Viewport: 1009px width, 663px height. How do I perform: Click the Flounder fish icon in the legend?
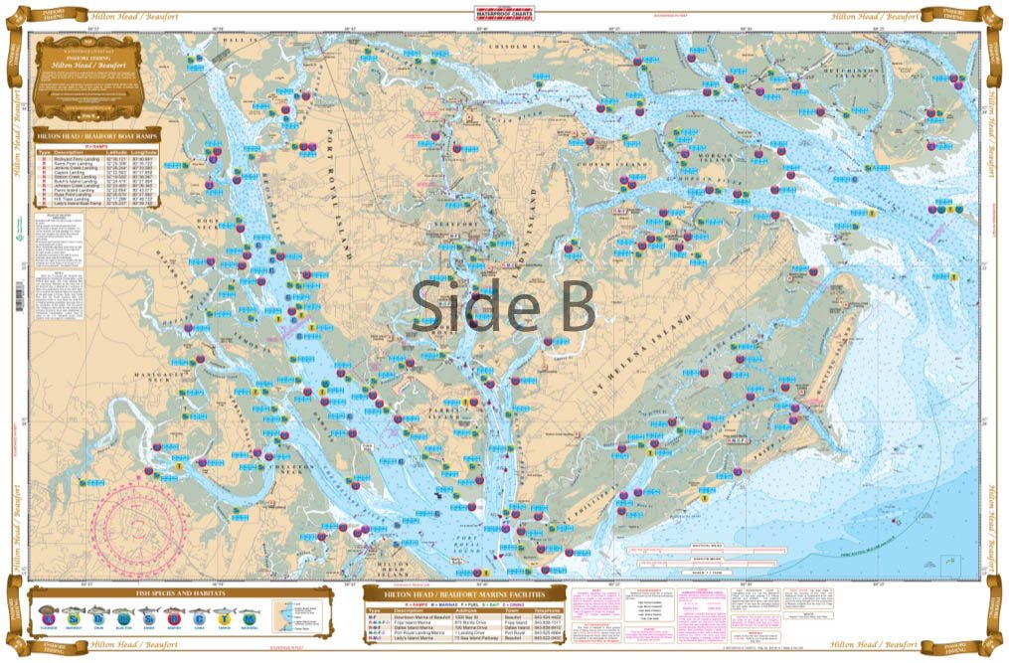tap(48, 614)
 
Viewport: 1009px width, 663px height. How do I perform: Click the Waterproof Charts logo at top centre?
tap(504, 14)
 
